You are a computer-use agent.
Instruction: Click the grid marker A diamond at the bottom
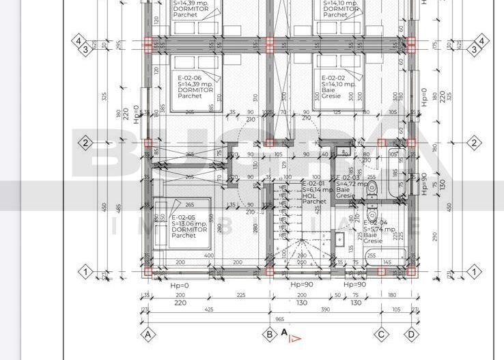pos(148,335)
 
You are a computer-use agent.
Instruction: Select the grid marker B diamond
pos(270,335)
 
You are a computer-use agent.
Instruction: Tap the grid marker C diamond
pos(382,335)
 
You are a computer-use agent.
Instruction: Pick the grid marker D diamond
pos(411,335)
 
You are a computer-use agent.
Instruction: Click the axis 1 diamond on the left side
pos(86,272)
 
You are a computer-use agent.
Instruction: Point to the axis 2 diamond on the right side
pos(474,143)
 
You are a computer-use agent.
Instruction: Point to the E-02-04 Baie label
pos(375,232)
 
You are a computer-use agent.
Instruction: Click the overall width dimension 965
pos(279,318)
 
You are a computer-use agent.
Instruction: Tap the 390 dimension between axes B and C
pos(326,309)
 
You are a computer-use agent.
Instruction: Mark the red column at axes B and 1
pos(270,272)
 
